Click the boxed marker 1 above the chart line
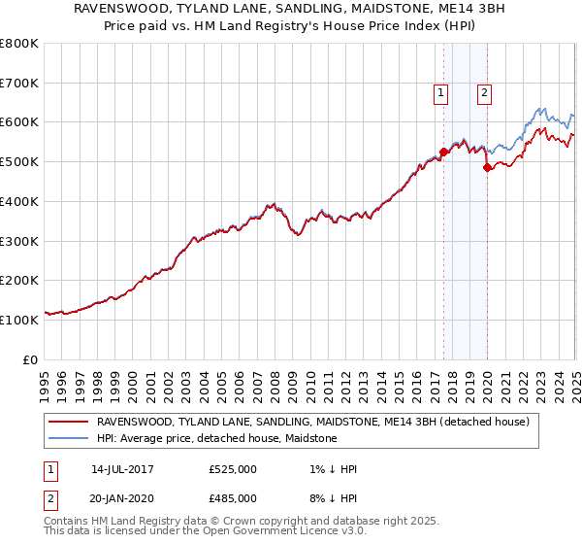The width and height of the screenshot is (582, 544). coord(441,93)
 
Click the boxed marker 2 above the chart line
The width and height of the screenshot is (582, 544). coord(484,93)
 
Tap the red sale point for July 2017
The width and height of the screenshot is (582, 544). coord(443,152)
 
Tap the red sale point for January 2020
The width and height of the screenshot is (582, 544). coord(487,167)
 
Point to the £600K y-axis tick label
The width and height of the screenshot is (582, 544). coord(19,122)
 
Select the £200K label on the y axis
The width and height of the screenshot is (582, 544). coord(19,280)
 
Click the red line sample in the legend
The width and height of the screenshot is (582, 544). coord(68,423)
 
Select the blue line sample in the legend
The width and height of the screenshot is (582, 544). coord(68,439)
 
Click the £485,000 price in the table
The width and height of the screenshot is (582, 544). coord(233,497)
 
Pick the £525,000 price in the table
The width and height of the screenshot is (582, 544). coord(233,469)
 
